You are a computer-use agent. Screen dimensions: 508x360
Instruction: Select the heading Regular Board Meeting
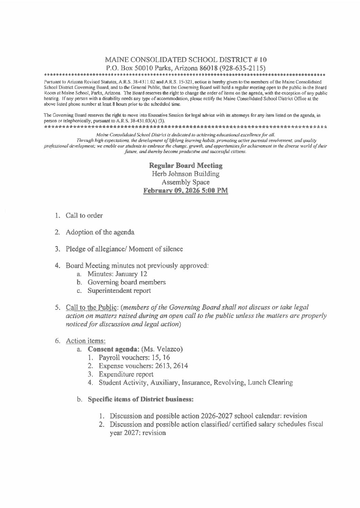click(x=186, y=166)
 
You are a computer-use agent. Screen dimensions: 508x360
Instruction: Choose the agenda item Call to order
click(x=84, y=215)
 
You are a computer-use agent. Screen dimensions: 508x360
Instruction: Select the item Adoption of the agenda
click(x=100, y=232)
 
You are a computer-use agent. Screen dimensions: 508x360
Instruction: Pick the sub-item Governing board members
click(x=126, y=282)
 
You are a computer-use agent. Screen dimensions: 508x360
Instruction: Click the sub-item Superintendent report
click(x=119, y=291)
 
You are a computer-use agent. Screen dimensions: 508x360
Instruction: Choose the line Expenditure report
click(x=126, y=374)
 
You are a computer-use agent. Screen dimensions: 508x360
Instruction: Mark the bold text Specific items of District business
click(x=141, y=399)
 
